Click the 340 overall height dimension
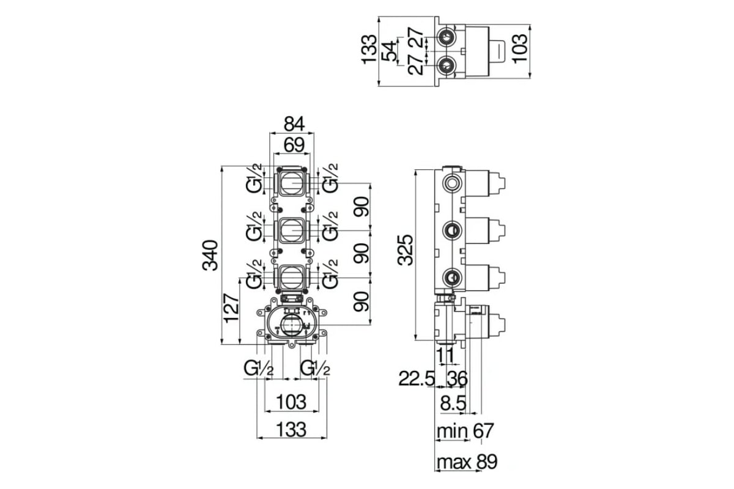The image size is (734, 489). pos(210,256)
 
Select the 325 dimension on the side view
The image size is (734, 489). pos(405,250)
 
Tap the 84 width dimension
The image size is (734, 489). pos(294,124)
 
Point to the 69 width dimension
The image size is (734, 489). pos(294,145)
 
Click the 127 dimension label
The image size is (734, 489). pos(231,308)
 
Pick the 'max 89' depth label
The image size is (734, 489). pos(467,462)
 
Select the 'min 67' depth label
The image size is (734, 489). pos(465,431)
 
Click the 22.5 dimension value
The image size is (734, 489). pos(417,379)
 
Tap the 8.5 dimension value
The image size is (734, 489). pos(453,403)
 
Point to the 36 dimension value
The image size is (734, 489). pos(457,379)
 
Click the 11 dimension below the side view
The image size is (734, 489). pos(446,355)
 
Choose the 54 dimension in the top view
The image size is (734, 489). pos(390,51)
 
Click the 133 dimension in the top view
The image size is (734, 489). pos(369,49)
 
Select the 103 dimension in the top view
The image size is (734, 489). pos(519,49)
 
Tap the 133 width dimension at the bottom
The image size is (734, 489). pos(291,429)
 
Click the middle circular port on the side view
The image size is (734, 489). pos(452,230)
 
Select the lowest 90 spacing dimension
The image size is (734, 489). pos(361,301)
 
